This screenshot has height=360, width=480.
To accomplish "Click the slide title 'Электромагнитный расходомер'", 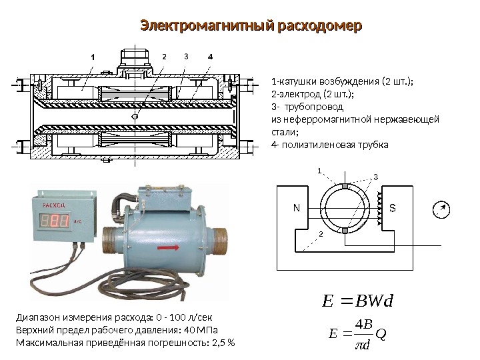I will coord(250,27).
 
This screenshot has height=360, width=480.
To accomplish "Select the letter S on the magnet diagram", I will coord(393,208).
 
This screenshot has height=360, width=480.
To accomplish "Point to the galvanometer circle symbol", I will coord(439,209).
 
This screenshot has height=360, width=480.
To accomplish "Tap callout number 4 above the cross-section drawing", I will coord(210,57).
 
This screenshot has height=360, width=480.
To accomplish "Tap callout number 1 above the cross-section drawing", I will coord(93,57).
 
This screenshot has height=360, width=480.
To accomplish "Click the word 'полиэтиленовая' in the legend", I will coord(324,145).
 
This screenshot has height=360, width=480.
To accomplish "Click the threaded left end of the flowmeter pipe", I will coord(111,238).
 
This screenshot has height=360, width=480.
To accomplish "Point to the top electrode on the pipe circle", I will coord(345,186).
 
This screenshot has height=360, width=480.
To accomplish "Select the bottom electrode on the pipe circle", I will coord(345,230).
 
